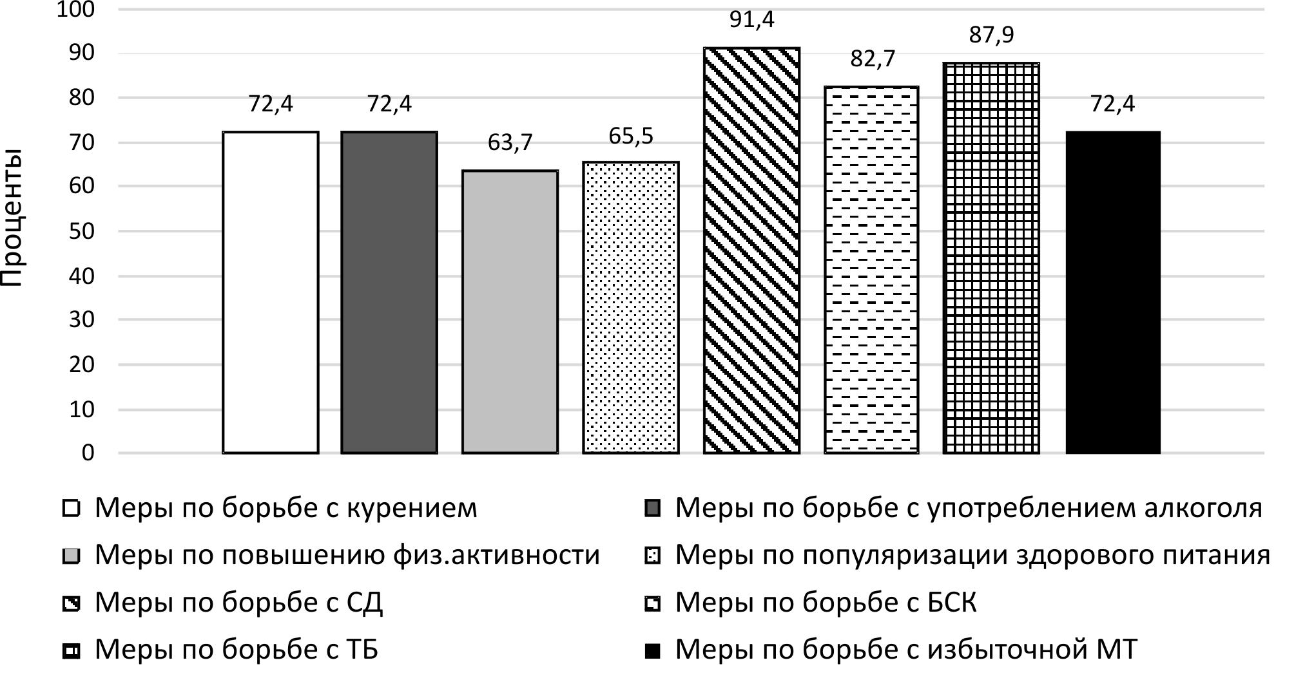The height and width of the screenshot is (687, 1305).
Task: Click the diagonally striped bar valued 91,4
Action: click(751, 250)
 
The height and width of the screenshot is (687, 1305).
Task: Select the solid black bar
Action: click(1113, 292)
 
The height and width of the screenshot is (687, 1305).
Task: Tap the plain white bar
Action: click(271, 292)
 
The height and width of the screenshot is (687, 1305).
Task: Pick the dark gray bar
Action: click(389, 292)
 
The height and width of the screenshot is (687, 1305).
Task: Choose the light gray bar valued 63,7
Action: click(510, 312)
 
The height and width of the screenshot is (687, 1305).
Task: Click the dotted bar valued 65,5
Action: click(630, 308)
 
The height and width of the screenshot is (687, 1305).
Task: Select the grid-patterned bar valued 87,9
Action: click(991, 258)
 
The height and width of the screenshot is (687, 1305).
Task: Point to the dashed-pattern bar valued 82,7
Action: click(871, 270)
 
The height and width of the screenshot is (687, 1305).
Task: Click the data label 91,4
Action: click(751, 20)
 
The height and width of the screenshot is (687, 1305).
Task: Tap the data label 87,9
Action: click(991, 35)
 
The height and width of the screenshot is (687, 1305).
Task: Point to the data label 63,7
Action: click(510, 142)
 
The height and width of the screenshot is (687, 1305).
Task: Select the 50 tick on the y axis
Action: click(81, 231)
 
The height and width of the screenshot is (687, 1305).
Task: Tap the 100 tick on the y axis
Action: click(76, 10)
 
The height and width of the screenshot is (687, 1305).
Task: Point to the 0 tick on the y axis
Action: click(88, 453)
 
